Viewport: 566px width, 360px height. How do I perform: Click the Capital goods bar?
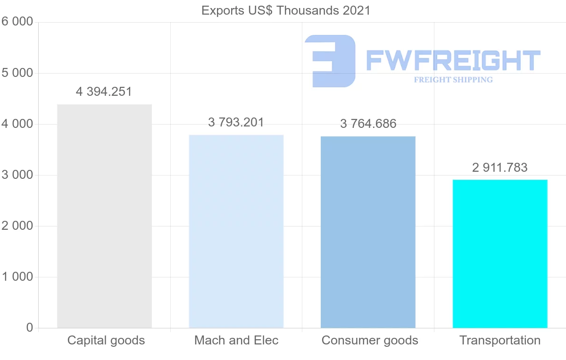click(x=104, y=216)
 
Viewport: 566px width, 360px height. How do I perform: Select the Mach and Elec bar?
click(x=236, y=231)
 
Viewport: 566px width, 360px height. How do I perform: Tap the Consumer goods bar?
click(x=368, y=232)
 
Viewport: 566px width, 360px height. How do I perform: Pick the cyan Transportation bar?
click(x=500, y=254)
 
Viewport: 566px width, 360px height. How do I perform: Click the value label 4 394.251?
click(x=104, y=92)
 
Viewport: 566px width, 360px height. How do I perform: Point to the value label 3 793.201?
click(x=236, y=123)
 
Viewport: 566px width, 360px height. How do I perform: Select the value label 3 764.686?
click(x=368, y=124)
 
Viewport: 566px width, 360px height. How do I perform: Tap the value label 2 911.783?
click(x=500, y=167)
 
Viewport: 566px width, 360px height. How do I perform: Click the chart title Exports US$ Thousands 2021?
click(x=286, y=10)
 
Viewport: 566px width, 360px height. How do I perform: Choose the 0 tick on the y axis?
click(x=29, y=328)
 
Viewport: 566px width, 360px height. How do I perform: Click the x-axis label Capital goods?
click(x=106, y=340)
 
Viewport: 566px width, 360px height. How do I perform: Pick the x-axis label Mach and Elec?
click(x=236, y=340)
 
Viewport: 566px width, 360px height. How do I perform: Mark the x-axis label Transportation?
click(x=500, y=340)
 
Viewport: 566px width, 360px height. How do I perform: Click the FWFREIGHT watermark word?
click(x=453, y=60)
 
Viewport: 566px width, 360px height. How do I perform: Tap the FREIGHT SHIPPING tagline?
click(x=453, y=80)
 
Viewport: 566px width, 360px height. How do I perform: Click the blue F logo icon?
click(x=330, y=61)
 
